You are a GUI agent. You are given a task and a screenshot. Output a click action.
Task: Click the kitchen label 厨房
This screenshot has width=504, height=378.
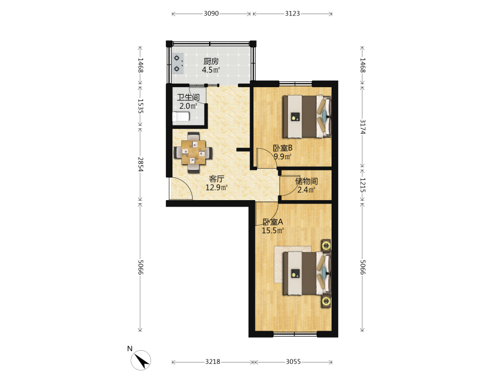pyautogui.click(x=211, y=61)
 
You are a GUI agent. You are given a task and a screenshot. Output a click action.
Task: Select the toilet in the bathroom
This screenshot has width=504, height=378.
pyautogui.click(x=180, y=116)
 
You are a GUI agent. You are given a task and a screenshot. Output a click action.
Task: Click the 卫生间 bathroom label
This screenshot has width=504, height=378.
pyautogui.click(x=188, y=97)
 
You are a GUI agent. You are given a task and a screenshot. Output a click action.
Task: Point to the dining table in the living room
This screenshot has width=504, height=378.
pyautogui.click(x=193, y=152)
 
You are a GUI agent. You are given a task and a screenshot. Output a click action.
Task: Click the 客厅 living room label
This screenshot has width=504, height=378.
pyautogui.click(x=217, y=179)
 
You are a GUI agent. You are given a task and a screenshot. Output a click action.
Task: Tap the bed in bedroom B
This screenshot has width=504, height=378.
pyautogui.click(x=307, y=116)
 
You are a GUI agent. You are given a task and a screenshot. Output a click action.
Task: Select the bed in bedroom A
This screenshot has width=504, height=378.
pyautogui.click(x=307, y=274)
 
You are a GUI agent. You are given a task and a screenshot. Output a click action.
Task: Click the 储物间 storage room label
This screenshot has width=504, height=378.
pyautogui.click(x=306, y=181)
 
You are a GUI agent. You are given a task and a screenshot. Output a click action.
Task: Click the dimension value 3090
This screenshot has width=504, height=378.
pyautogui.click(x=211, y=14)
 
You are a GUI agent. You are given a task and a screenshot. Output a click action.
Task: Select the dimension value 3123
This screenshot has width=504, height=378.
pyautogui.click(x=292, y=14)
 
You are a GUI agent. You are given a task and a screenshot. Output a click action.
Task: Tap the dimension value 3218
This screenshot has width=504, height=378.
pyautogui.click(x=213, y=362)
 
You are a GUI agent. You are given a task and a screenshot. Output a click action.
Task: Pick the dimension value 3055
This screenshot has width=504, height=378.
pyautogui.click(x=293, y=362)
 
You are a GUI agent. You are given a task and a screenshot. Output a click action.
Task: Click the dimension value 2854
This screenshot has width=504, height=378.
pyautogui.click(x=141, y=164)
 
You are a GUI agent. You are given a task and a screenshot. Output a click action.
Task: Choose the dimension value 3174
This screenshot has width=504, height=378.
pyautogui.click(x=362, y=127)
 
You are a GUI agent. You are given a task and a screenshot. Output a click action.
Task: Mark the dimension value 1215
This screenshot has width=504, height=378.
pyautogui.click(x=362, y=185)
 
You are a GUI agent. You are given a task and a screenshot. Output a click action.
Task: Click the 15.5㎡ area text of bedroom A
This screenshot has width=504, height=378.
pyautogui.click(x=273, y=230)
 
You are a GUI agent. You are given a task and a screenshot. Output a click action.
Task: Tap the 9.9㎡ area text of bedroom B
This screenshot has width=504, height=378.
pyautogui.click(x=283, y=157)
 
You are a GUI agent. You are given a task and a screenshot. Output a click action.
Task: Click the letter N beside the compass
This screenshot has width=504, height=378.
pyautogui.click(x=130, y=349)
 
